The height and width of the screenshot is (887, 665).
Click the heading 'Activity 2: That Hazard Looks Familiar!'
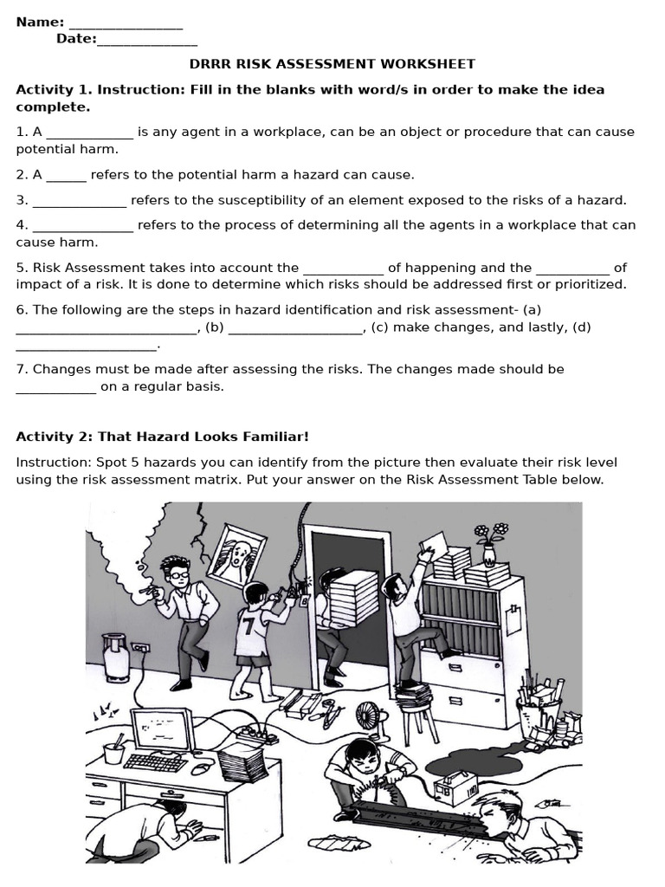point(162,437)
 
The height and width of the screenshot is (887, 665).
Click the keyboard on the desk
point(156,762)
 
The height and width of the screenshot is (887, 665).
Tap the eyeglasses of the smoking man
point(178,573)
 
